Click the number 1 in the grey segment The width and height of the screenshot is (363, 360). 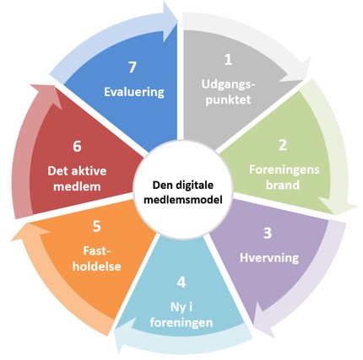228,60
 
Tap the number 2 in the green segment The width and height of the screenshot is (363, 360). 282,146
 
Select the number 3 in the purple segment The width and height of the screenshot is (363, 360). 268,234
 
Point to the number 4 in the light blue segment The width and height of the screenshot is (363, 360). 181,282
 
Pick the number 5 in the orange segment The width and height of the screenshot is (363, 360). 96,226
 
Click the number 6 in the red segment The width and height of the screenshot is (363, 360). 77,147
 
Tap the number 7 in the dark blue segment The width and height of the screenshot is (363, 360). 133,67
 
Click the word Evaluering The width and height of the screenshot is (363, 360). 134,92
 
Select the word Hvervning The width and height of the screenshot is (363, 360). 269,258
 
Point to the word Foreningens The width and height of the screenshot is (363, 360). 284,170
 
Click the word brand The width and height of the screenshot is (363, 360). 283,185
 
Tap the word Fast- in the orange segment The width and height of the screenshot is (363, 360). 97,251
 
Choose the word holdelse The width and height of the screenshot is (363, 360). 97,266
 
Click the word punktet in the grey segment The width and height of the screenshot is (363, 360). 228,99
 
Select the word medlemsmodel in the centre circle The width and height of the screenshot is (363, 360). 183,200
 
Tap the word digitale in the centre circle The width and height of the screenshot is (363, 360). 195,185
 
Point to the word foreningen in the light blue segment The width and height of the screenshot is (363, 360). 181,323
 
